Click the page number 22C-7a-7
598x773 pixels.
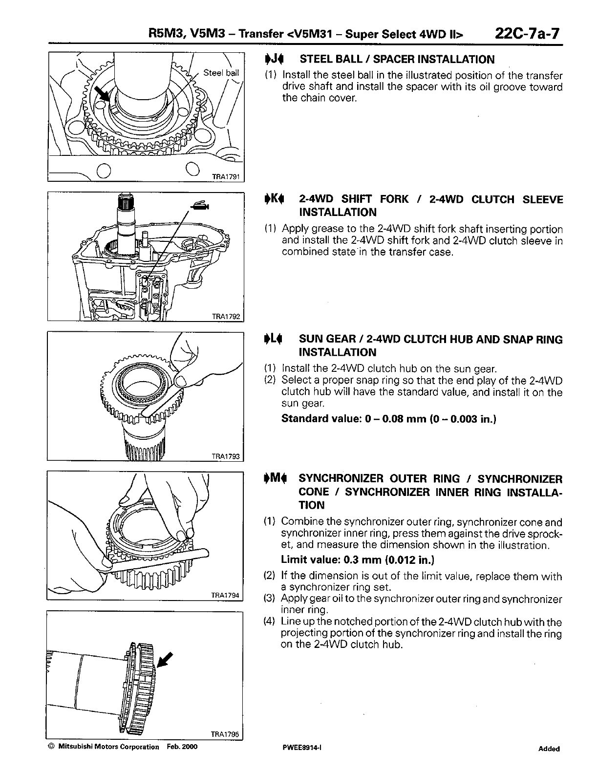(x=527, y=35)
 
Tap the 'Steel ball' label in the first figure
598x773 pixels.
(x=221, y=73)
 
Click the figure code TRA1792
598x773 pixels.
(x=226, y=316)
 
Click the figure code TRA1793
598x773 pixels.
(x=226, y=456)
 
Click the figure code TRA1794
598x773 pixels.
(x=226, y=596)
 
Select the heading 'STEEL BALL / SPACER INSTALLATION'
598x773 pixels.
(x=397, y=60)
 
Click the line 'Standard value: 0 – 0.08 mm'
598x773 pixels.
(x=389, y=419)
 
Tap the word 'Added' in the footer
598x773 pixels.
(x=549, y=749)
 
